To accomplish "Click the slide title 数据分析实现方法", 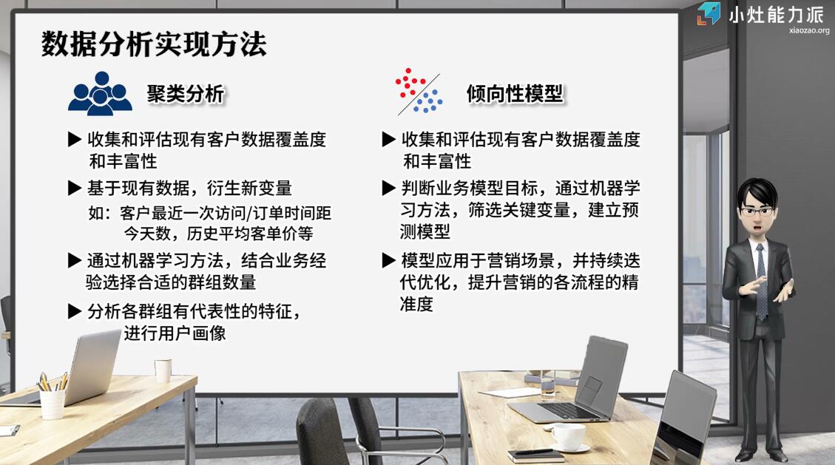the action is pyautogui.click(x=153, y=44).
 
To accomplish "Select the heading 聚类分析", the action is pyautogui.click(x=186, y=94).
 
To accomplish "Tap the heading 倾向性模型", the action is pyautogui.click(x=515, y=94).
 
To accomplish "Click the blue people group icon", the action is pyautogui.click(x=100, y=94).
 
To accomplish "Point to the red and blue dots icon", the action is pyautogui.click(x=419, y=91).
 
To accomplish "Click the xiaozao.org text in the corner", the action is pyautogui.click(x=809, y=31).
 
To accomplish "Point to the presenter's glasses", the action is pyautogui.click(x=756, y=211).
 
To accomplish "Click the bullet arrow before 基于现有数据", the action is pyautogui.click(x=75, y=188).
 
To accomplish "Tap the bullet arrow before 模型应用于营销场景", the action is pyautogui.click(x=389, y=261).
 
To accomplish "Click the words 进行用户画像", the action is pyautogui.click(x=175, y=333).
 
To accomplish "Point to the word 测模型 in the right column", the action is pyautogui.click(x=425, y=231).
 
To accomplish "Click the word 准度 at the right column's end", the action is pyautogui.click(x=416, y=305).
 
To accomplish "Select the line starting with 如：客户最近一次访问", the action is pyautogui.click(x=210, y=213).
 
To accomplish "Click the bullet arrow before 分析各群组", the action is pyautogui.click(x=75, y=312).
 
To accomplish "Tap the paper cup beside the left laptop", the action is pyautogui.click(x=163, y=371).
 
